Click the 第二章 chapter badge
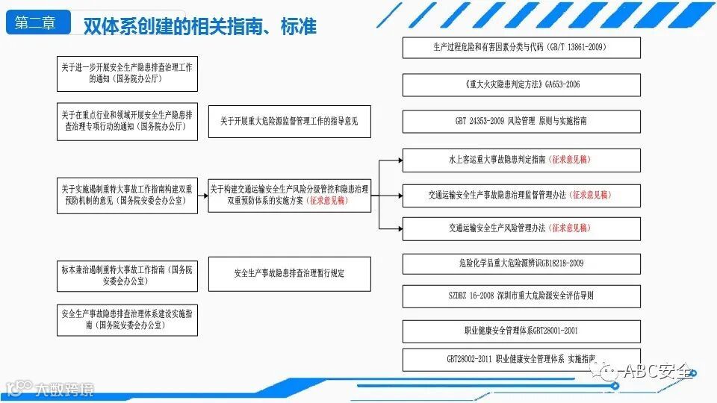point(36,23)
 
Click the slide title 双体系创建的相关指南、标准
point(199,26)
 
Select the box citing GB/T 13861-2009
point(521,47)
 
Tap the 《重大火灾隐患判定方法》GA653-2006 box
point(521,84)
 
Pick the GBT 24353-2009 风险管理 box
point(521,121)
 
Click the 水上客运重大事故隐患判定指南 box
point(521,160)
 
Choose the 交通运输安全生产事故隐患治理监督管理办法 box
point(521,195)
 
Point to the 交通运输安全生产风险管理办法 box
point(521,228)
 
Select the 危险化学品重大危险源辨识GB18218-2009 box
point(521,263)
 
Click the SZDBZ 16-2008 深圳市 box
point(521,296)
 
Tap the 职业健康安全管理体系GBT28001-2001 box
point(521,330)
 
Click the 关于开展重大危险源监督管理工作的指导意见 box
point(289,121)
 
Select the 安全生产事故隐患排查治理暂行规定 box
point(289,274)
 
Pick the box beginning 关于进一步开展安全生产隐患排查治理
point(127,72)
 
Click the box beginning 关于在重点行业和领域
point(127,121)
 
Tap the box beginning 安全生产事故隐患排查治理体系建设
point(127,320)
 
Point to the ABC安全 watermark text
point(657,371)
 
